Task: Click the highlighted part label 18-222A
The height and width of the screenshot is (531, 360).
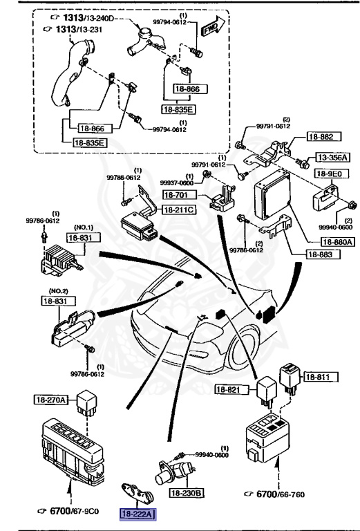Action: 138,514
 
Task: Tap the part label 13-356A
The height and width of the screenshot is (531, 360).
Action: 333,157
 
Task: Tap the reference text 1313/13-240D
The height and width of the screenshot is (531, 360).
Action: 81,17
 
